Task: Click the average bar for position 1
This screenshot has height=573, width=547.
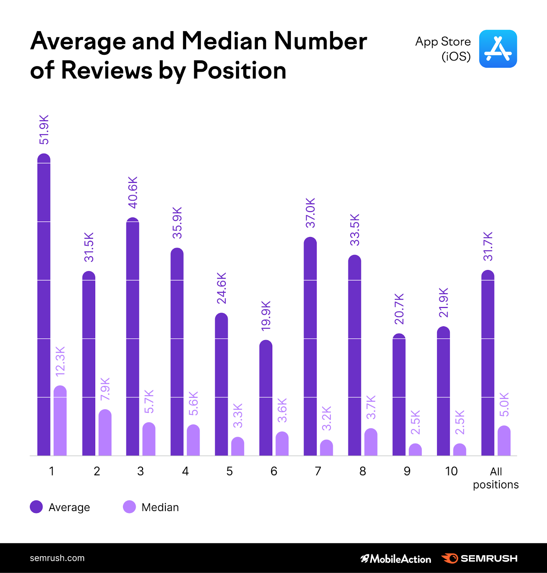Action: pos(44,304)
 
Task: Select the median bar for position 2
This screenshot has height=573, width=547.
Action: pos(105,433)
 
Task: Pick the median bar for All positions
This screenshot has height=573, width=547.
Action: pos(504,441)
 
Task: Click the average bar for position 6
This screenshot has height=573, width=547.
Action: pos(266,398)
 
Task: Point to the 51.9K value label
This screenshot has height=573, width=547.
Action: pos(44,130)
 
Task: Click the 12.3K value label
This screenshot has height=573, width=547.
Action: pos(60,361)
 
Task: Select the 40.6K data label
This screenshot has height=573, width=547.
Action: pos(133,192)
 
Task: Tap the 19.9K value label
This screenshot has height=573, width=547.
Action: pos(266,316)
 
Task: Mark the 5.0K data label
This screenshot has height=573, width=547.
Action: pos(504,404)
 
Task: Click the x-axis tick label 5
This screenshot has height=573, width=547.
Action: pos(229,471)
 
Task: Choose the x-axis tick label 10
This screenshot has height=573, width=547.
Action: pos(451,471)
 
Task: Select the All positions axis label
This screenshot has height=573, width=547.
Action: pos(495,478)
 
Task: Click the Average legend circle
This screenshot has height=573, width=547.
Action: pos(36,507)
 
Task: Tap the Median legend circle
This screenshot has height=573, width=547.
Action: pos(129,507)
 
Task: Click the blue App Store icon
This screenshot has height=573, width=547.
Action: pos(498,49)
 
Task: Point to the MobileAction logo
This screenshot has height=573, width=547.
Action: pos(396,559)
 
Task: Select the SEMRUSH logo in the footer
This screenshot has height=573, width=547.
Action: pos(479,558)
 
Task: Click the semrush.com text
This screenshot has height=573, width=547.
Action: pos(57,558)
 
